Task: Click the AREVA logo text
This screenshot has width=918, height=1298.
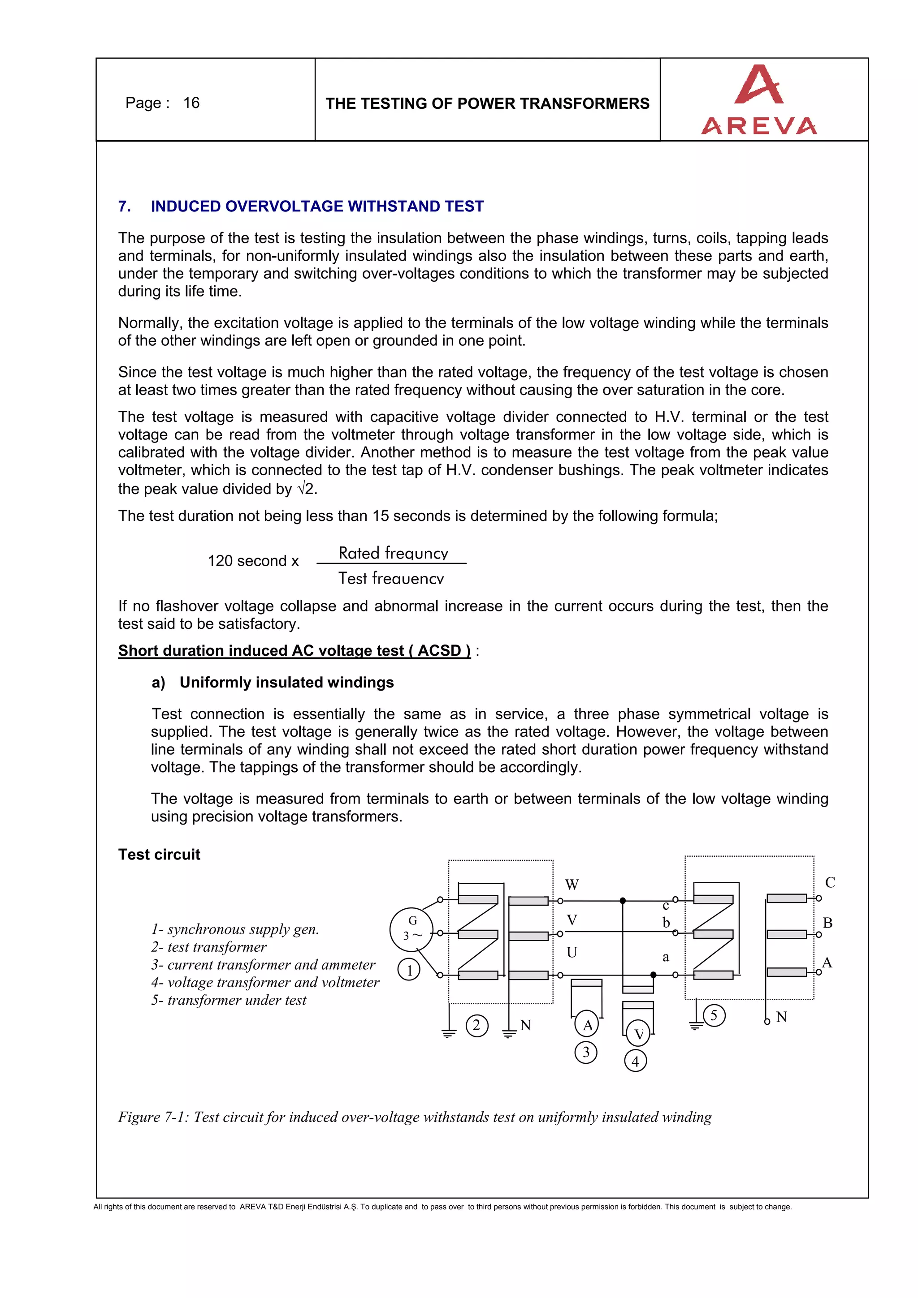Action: coord(758,125)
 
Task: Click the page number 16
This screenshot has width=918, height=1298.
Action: coord(191,103)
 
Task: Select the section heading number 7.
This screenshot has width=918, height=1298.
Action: coord(125,206)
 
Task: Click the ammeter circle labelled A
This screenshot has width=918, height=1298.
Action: coord(587,1024)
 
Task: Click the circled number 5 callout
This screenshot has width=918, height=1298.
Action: coord(714,1015)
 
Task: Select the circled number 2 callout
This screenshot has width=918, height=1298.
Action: coord(477,1025)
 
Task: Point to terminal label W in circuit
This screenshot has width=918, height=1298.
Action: coord(572,884)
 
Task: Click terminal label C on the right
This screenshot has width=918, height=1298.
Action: coord(830,882)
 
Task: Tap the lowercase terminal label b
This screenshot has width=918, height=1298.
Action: coord(666,923)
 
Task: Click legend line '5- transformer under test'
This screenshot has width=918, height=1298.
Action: coord(229,1000)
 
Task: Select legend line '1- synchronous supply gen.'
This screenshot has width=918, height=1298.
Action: coord(235,929)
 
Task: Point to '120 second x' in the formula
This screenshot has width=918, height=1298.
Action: coord(253,561)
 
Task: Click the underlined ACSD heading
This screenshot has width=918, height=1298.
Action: coord(294,651)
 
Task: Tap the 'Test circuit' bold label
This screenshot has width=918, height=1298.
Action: coord(159,854)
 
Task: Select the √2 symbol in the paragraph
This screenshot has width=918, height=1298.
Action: coord(307,489)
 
